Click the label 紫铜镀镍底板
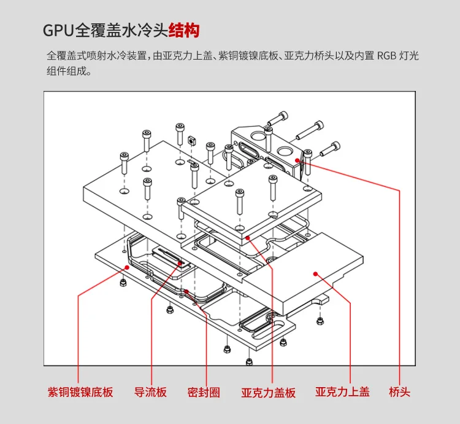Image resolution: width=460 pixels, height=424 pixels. click(x=80, y=391)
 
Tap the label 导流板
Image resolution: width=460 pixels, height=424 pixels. click(x=150, y=391)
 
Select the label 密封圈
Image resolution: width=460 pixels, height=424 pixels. click(x=204, y=391)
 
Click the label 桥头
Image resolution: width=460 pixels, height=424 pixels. click(x=399, y=391)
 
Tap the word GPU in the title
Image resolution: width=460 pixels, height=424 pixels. click(x=58, y=29)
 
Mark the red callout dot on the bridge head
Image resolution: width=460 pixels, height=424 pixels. click(x=297, y=160)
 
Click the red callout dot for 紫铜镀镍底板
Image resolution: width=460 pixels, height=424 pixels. click(x=127, y=267)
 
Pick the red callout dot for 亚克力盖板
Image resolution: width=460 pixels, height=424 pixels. click(x=247, y=237)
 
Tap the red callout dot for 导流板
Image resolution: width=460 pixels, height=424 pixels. click(x=180, y=263)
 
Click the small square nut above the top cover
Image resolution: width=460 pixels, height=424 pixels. click(x=190, y=141)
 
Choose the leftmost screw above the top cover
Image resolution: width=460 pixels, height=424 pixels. click(x=125, y=163)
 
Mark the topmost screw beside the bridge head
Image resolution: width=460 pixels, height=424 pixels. click(x=281, y=117)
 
